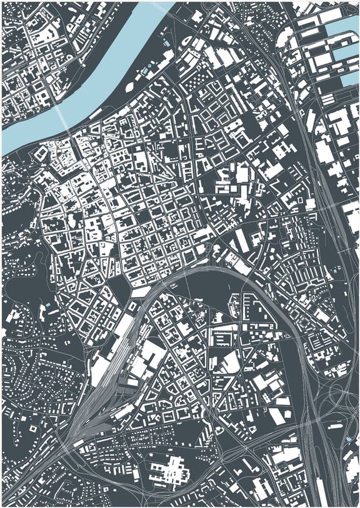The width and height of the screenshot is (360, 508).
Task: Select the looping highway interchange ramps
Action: (337, 400)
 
